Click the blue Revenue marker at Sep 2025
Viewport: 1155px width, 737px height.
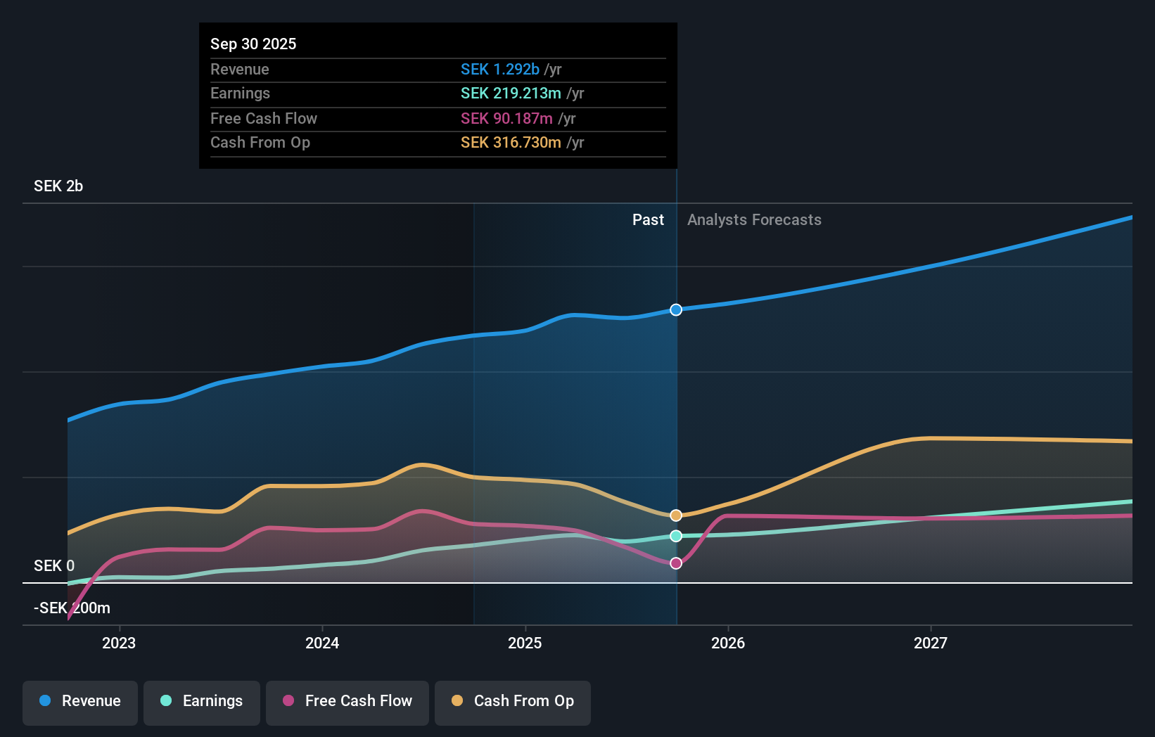click(676, 310)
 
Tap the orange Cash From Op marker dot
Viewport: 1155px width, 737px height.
click(676, 515)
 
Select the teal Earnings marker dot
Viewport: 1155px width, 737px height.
click(676, 536)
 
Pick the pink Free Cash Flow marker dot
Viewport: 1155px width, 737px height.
click(676, 563)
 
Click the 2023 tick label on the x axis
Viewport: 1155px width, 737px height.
click(119, 643)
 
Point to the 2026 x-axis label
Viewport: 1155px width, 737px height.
click(727, 643)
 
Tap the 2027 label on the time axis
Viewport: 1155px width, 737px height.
click(930, 643)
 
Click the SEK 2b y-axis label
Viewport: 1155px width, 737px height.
click(58, 186)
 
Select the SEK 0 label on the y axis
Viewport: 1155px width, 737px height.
click(54, 566)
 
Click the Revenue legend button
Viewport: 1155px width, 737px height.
click(80, 701)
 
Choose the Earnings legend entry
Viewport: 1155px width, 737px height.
click(202, 701)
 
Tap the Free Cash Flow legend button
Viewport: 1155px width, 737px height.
click(347, 701)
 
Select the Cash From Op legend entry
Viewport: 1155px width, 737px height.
click(513, 701)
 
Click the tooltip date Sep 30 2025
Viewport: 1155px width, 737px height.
click(253, 44)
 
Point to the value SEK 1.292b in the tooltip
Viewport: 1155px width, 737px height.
click(499, 70)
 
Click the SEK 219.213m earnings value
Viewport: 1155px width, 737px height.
click(511, 94)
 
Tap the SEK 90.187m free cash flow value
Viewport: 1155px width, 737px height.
click(506, 119)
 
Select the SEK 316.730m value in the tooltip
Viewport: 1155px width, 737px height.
click(511, 143)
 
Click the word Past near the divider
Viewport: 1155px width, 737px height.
click(648, 220)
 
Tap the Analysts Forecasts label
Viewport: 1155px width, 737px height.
click(754, 220)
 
